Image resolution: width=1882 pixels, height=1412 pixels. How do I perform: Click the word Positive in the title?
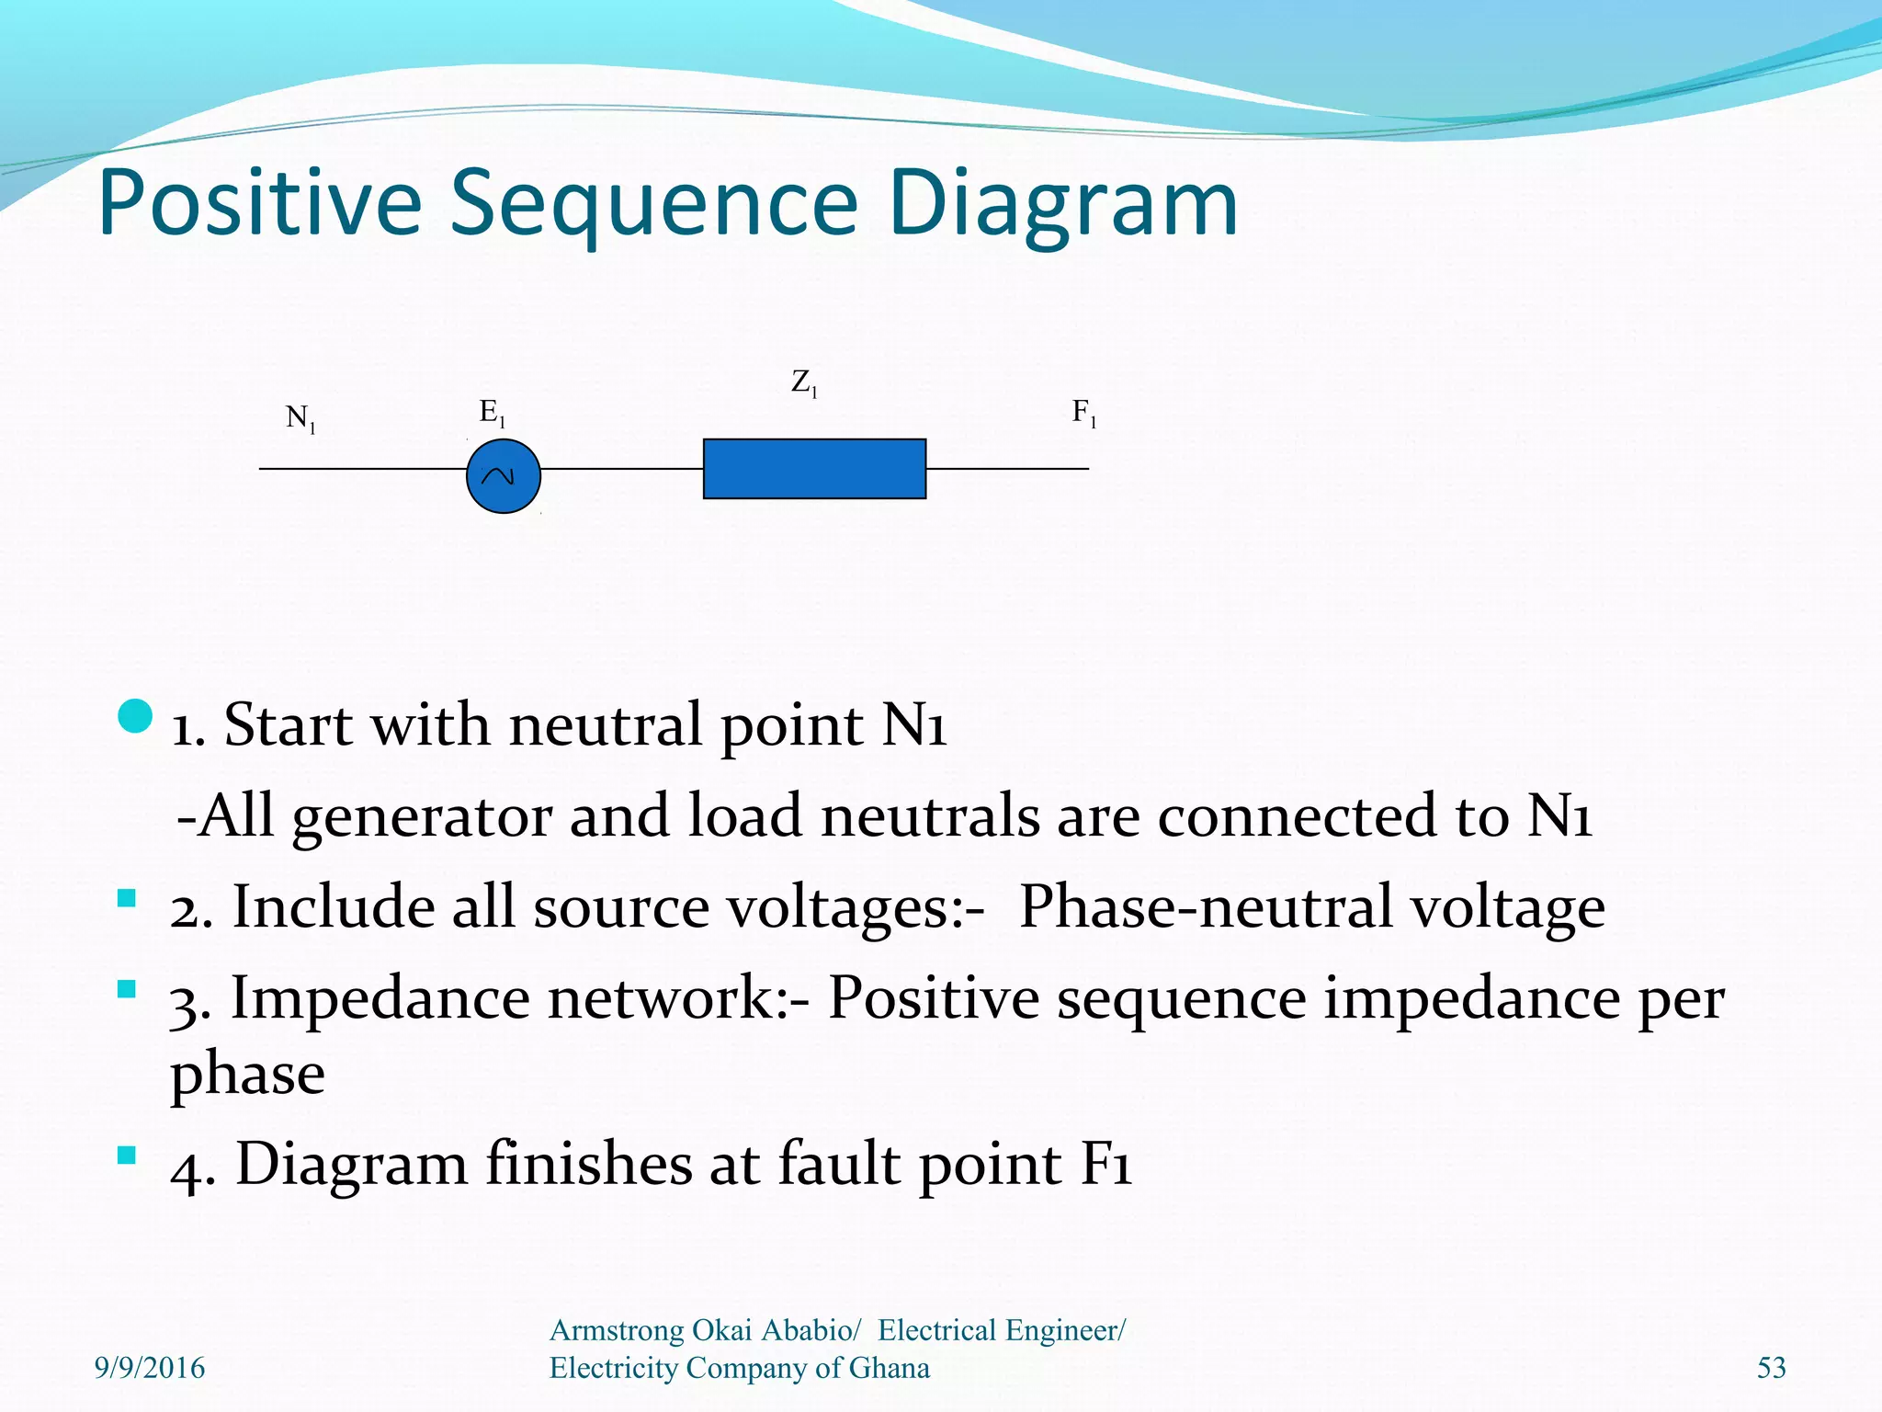[259, 204]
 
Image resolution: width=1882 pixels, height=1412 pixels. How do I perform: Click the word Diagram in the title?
[1063, 204]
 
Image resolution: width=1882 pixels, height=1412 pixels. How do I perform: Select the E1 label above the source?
[492, 413]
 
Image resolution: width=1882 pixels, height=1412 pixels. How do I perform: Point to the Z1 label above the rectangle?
[804, 382]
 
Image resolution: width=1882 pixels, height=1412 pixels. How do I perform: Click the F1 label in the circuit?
[1084, 413]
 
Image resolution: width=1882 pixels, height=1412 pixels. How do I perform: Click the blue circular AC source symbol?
[504, 475]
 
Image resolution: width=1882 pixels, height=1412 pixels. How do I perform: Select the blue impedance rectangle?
[814, 469]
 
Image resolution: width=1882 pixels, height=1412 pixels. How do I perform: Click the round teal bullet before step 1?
[135, 717]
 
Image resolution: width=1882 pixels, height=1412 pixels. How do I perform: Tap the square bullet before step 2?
[127, 898]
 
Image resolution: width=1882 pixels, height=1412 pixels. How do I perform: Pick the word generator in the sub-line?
[422, 817]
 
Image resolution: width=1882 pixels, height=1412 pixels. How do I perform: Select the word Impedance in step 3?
[380, 998]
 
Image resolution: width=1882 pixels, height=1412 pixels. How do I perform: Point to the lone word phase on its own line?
[247, 1074]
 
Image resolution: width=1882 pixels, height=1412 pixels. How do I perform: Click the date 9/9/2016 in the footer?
[150, 1368]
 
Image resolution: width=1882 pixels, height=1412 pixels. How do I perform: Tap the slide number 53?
[1771, 1368]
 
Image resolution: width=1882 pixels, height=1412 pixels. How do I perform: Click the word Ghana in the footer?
[889, 1368]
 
